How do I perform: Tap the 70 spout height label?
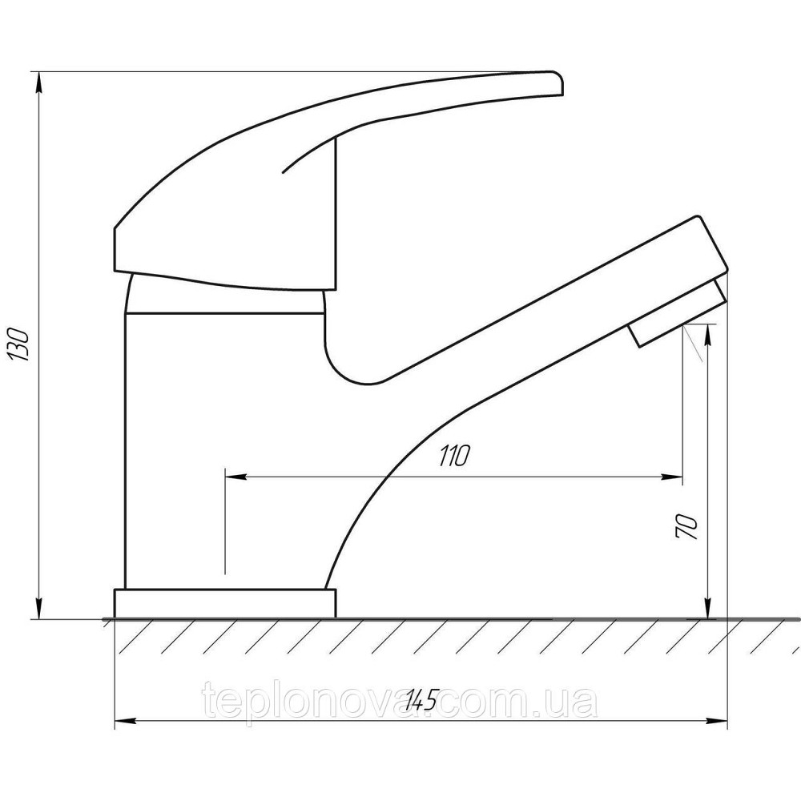pyautogui.click(x=686, y=525)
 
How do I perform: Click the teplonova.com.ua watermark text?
pyautogui.click(x=400, y=701)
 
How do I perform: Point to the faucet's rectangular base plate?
pyautogui.click(x=225, y=603)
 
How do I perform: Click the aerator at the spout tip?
pyautogui.click(x=677, y=312)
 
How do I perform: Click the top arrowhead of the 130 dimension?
pyautogui.click(x=38, y=82)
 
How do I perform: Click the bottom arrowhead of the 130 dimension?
pyautogui.click(x=38, y=609)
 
